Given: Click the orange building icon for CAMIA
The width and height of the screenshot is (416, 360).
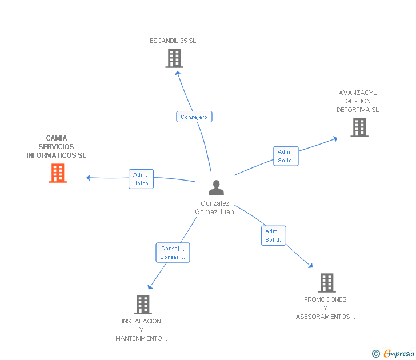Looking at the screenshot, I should point(58,173).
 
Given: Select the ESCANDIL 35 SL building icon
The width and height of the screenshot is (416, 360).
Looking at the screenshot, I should point(174,58).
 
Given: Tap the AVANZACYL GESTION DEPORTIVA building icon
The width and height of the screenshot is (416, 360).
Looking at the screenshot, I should point(359,127).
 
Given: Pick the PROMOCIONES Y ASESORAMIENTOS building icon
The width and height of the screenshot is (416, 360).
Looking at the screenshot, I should point(326,282).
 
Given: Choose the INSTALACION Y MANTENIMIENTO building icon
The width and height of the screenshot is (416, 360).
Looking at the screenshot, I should point(143,304).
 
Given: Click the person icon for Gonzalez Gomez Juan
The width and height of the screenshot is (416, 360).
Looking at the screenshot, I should point(216,187).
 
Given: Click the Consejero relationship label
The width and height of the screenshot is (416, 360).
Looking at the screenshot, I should point(194,117).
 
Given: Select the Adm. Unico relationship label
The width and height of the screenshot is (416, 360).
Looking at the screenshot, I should point(141,179).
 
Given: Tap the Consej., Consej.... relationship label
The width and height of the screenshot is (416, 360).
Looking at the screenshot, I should point(173,253).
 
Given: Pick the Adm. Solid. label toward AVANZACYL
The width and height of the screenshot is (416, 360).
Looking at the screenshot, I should point(286,156).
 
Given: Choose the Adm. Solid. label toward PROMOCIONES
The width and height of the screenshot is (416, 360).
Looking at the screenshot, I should point(273,235).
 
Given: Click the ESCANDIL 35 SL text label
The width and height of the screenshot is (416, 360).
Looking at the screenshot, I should point(173,41).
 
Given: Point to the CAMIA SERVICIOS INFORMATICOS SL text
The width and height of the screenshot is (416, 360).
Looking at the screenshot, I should point(57,147).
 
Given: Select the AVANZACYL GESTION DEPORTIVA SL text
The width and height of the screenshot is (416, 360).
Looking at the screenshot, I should point(358,101).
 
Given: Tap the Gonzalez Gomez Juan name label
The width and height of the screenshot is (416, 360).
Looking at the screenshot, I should point(215,207).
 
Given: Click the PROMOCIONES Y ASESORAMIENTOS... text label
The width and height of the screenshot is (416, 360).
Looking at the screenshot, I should point(325,308).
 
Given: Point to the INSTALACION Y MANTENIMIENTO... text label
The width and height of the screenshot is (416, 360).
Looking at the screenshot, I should point(141,330).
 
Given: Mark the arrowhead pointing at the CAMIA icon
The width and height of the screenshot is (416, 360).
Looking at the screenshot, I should point(89,177).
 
